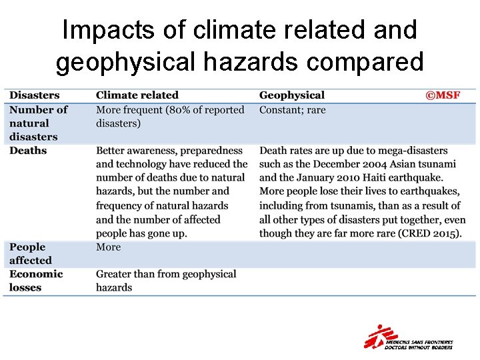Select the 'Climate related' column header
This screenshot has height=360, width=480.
(x=137, y=95)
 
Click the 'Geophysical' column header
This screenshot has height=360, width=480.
(x=292, y=95)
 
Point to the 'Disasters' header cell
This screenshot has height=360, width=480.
(x=35, y=95)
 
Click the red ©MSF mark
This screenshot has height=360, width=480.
(x=443, y=95)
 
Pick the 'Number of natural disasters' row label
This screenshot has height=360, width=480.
(x=38, y=123)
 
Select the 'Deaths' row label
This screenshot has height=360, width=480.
(x=28, y=151)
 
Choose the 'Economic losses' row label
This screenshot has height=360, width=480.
(x=36, y=281)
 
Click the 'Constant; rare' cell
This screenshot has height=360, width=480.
(x=293, y=109)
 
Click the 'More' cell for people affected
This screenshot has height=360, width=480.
(x=109, y=247)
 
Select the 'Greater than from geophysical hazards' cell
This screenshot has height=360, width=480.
(x=166, y=281)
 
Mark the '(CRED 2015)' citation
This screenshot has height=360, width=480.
(x=427, y=233)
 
